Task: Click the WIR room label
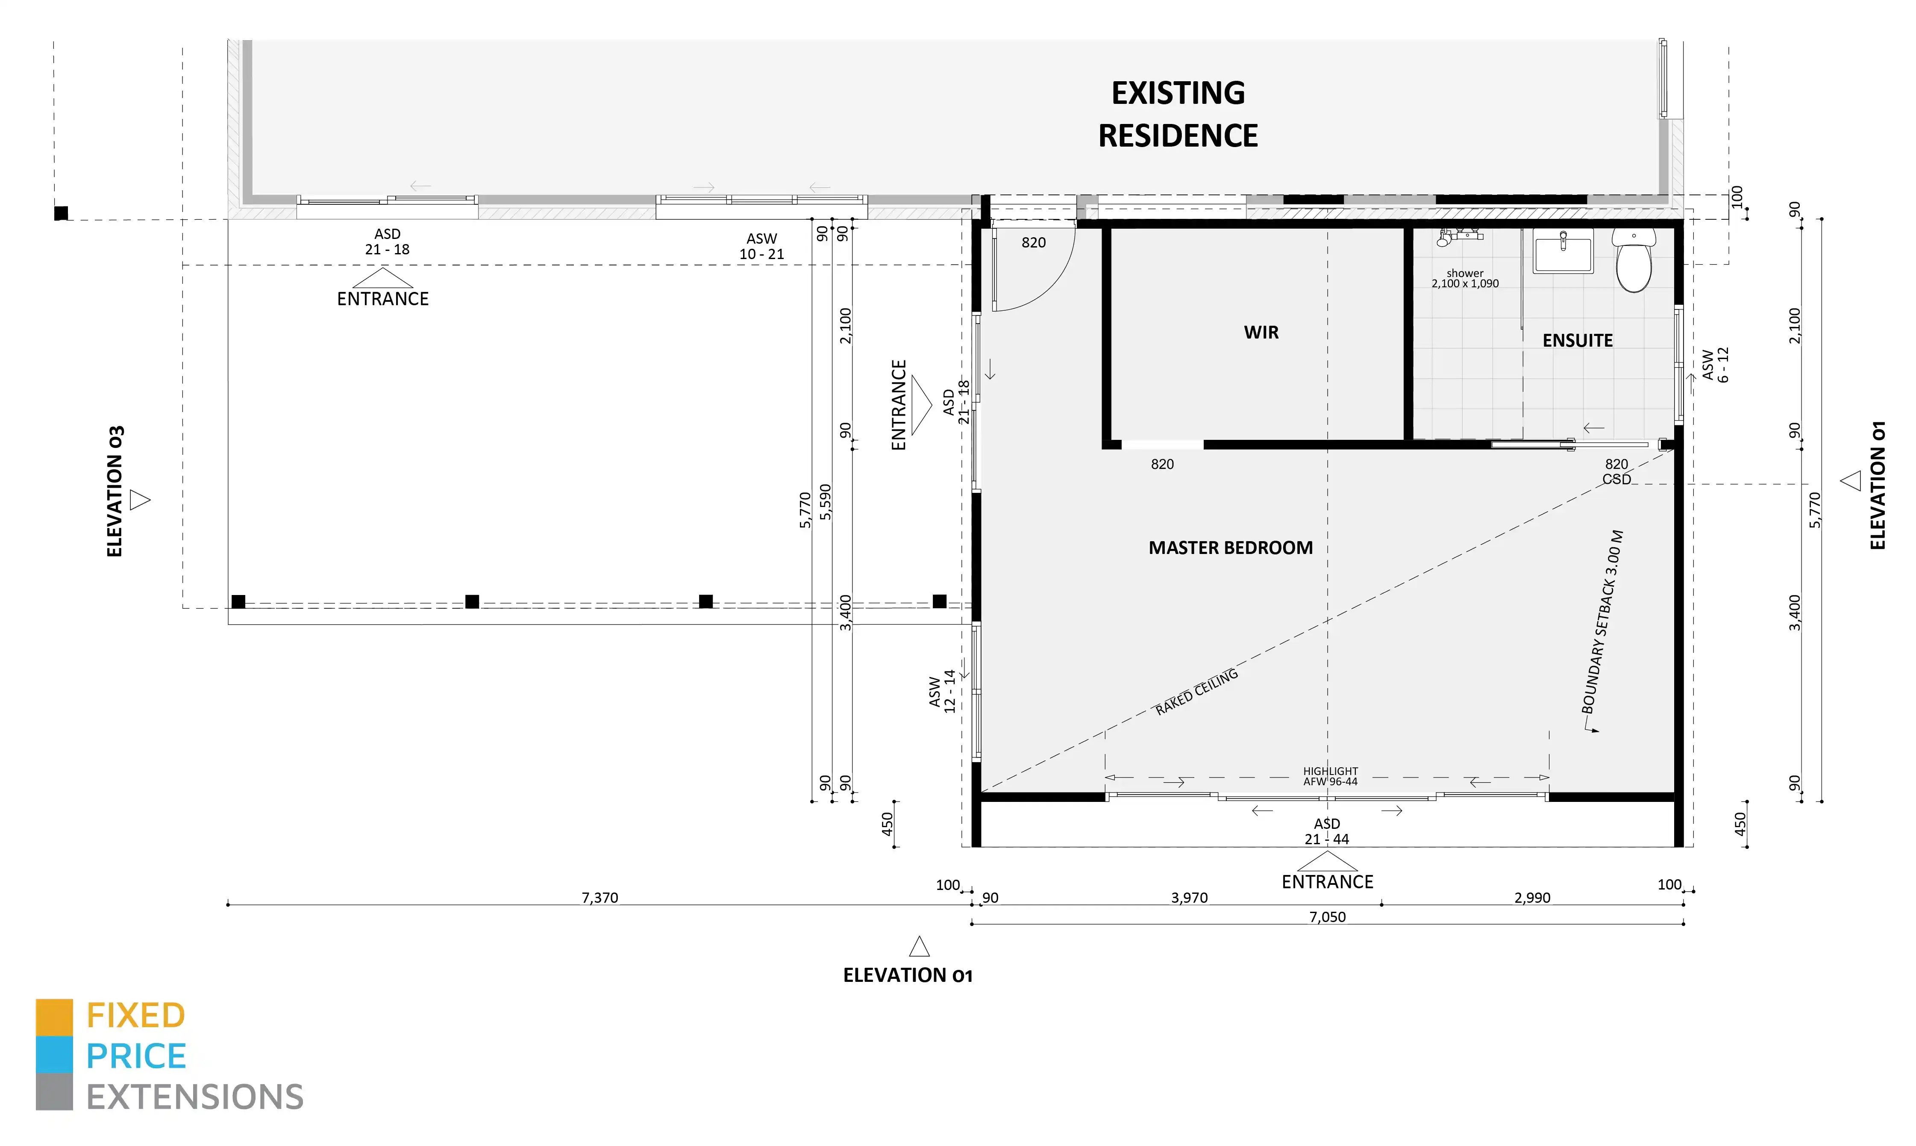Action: pos(1261,333)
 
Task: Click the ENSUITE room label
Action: pos(1577,341)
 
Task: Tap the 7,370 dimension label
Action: pos(600,897)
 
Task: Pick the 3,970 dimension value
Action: pos(1189,897)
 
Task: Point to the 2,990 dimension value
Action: pos(1531,897)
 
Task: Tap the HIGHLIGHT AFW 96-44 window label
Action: pos(1330,776)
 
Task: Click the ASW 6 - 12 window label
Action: pos(1715,365)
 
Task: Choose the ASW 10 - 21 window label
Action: pos(761,246)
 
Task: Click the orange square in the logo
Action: pos(54,1017)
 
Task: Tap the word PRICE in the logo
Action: pos(136,1056)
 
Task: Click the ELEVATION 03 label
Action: pos(115,491)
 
